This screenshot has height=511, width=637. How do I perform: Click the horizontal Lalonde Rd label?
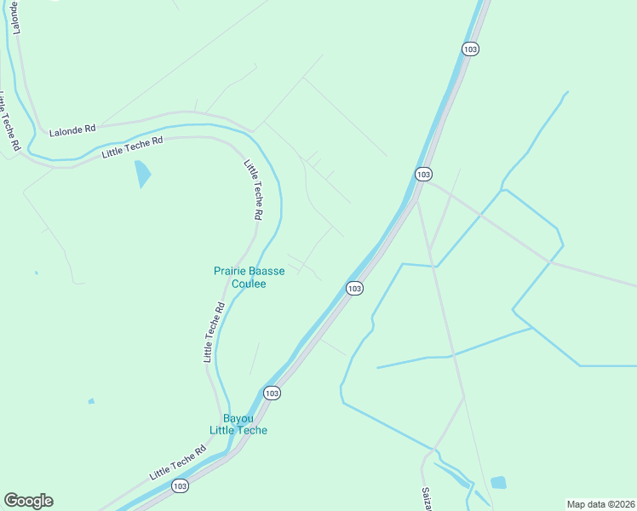pos(72,130)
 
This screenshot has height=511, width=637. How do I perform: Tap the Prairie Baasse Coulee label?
pos(249,278)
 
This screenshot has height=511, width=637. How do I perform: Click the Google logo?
pos(28,501)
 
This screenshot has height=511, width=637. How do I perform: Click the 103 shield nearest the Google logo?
pos(179,486)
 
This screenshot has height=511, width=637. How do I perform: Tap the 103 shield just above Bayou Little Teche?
pos(271,393)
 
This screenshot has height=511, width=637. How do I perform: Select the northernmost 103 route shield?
pos(470,49)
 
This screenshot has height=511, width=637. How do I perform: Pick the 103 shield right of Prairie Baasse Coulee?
pos(355,289)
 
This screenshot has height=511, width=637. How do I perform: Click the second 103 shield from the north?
pos(423,174)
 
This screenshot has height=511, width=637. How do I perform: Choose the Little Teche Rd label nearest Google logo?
pos(178,462)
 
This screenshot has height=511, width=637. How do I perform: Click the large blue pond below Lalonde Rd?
pos(142,174)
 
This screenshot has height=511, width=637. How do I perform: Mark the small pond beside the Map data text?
pos(498,483)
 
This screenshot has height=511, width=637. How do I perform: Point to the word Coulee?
pos(249,284)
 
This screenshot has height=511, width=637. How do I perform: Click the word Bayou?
pos(238,418)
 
